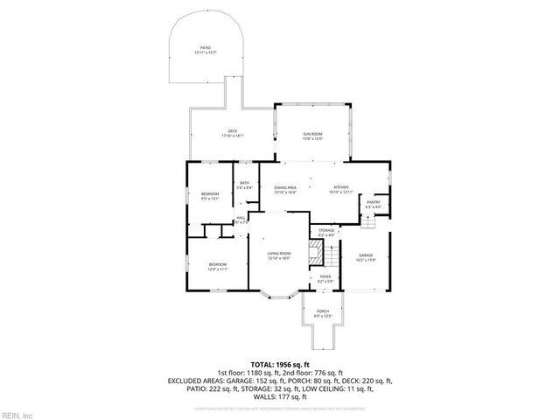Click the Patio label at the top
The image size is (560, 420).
[x=205, y=48]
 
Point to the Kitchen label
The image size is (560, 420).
[x=341, y=187]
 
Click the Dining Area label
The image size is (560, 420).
[x=285, y=187]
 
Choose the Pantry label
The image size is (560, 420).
[x=374, y=202]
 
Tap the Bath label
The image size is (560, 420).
[x=245, y=183]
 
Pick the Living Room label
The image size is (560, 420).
[x=279, y=253]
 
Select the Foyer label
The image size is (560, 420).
[x=325, y=276]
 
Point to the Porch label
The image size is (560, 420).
[x=323, y=311]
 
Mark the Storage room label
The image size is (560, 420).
[x=326, y=231]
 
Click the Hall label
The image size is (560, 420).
[x=241, y=219]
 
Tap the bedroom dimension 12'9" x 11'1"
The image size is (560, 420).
[x=217, y=269]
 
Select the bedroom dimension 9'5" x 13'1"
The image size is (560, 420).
[x=210, y=199]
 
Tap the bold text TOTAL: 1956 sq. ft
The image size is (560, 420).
[x=280, y=365]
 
